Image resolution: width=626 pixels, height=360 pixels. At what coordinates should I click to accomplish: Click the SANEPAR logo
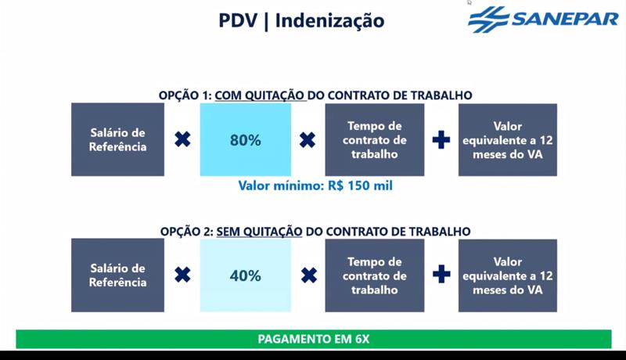point(542,19)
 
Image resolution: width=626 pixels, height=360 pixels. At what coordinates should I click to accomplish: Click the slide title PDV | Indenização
point(301,20)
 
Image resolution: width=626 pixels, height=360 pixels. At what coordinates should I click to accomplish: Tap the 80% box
point(245,140)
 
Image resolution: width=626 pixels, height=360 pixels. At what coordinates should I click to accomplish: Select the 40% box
point(245,275)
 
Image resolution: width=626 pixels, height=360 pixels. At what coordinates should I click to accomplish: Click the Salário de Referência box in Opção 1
point(117,140)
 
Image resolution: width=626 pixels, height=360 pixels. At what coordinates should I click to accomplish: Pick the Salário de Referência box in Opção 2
point(117,275)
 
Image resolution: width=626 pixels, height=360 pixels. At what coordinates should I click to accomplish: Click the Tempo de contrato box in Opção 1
point(375,140)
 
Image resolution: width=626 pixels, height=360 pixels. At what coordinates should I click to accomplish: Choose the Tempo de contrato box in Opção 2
point(375,275)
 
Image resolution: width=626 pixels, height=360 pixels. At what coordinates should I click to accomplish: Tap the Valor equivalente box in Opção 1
point(508,140)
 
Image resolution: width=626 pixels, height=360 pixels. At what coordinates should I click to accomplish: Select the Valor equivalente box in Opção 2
point(508,275)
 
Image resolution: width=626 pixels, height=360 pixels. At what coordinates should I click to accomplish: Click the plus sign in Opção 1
point(441,140)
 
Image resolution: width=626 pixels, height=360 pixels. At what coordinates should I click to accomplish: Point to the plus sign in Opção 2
point(441,275)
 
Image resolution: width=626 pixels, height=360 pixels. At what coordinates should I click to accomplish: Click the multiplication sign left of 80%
point(182,140)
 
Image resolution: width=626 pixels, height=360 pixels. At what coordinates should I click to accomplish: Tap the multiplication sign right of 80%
point(308,140)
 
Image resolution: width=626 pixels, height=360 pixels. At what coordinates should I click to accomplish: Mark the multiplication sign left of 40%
point(182,275)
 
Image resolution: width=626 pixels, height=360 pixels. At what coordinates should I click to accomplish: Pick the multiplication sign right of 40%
point(308,275)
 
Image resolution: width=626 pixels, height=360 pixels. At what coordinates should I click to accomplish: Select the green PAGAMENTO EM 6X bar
point(313,339)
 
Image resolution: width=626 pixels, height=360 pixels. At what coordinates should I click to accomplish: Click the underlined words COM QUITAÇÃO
point(260,95)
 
